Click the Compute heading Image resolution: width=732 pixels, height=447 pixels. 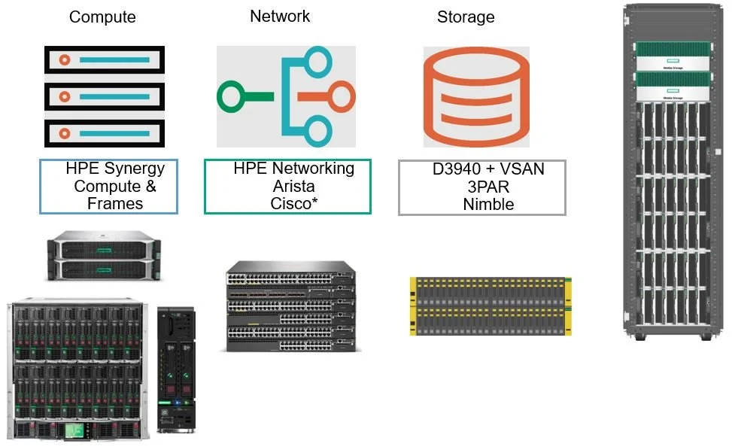(102, 17)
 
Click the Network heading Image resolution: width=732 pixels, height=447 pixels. (280, 16)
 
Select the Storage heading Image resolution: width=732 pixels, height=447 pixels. (466, 17)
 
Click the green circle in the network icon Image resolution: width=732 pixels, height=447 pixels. (231, 97)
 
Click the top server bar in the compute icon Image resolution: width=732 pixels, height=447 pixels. (104, 59)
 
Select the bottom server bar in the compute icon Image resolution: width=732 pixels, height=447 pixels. (104, 133)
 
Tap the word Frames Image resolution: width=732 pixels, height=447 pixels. (115, 203)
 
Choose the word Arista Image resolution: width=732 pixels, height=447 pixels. (293, 186)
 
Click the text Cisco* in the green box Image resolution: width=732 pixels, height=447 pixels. (293, 203)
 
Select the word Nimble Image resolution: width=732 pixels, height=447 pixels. (488, 204)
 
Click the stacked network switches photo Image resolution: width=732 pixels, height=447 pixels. (291, 306)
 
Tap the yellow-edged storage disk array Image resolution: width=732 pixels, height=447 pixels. (490, 306)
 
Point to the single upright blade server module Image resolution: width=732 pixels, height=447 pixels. (175, 369)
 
